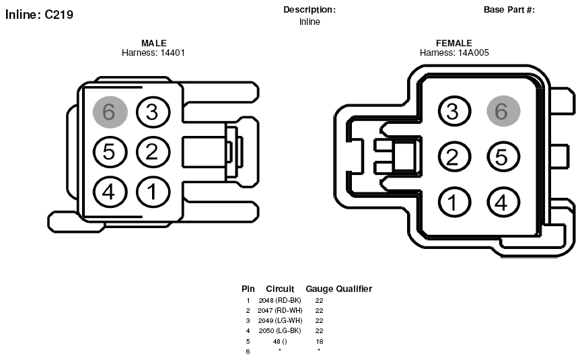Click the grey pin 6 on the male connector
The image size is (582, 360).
[110, 112]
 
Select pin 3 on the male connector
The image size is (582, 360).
[153, 112]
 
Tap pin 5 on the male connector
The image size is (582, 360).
[110, 152]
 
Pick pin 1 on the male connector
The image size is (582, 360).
[153, 192]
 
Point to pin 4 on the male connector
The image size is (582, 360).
[110, 192]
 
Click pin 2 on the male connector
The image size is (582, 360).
[153, 152]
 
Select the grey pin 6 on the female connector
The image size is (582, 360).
[503, 111]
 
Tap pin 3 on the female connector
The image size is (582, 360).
[455, 111]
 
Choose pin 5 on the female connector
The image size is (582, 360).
[503, 157]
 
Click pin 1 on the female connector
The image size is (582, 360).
[455, 203]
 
